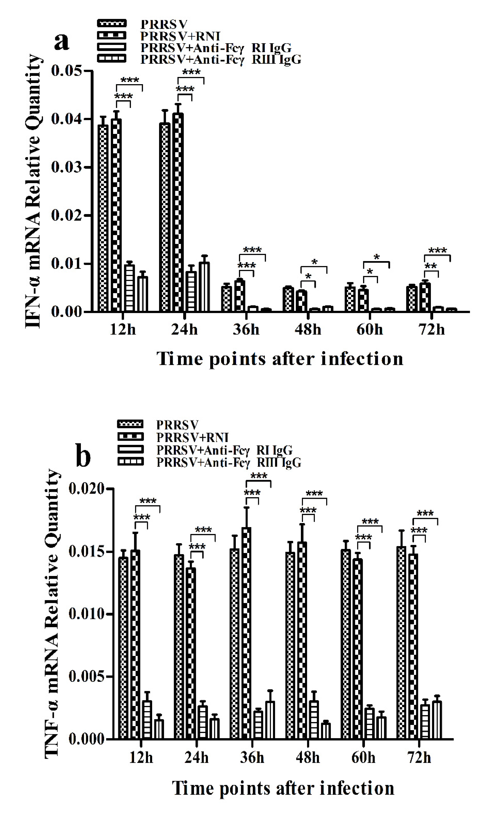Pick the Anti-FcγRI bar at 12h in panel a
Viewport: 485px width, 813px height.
[129, 288]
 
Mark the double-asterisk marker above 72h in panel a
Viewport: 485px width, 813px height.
[430, 267]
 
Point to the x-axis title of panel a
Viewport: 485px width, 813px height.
[280, 359]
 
